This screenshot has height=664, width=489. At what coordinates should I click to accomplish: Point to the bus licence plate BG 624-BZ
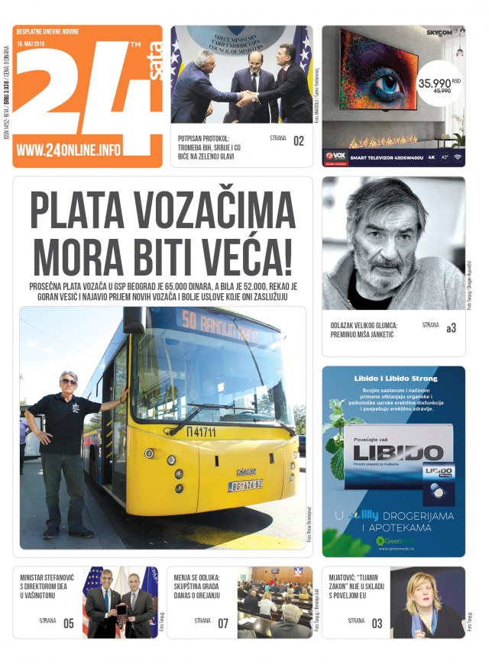pos(245,485)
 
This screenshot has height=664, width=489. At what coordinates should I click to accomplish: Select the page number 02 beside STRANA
pos(299,140)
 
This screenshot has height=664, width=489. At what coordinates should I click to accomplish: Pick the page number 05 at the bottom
pos(69,623)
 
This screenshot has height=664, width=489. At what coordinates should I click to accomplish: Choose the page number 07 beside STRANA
pos(222,623)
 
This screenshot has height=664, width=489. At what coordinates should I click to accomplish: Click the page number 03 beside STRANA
pos(377,623)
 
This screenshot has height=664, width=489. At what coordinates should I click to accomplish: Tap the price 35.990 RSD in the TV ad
pos(433,82)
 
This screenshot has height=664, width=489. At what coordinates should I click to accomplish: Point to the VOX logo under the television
pos(336,156)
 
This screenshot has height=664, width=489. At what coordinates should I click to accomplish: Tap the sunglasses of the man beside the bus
pos(69,380)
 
